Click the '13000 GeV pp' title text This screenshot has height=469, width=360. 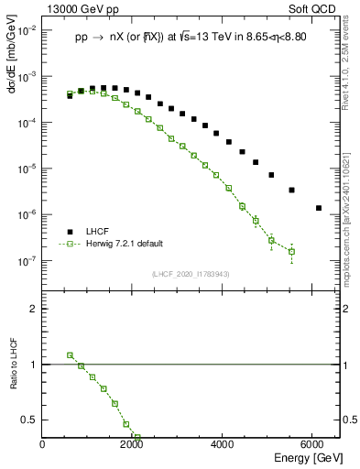[77, 10]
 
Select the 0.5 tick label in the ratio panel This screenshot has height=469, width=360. [30, 420]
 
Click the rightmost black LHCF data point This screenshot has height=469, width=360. [318, 208]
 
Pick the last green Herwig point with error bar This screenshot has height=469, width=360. [291, 251]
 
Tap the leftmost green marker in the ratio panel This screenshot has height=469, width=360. [70, 354]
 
